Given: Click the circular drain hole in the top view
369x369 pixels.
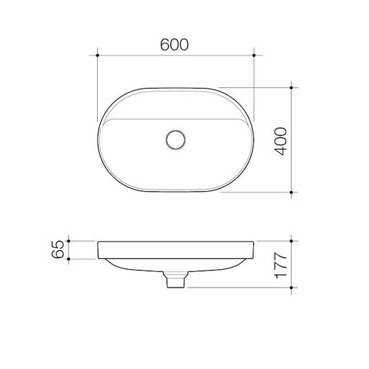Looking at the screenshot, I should point(175,139).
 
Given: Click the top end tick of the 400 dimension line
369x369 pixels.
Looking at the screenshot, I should point(291,87).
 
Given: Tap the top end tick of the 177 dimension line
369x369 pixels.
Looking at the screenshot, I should point(291,241).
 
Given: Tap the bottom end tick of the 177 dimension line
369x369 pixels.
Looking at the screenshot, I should point(291,288).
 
